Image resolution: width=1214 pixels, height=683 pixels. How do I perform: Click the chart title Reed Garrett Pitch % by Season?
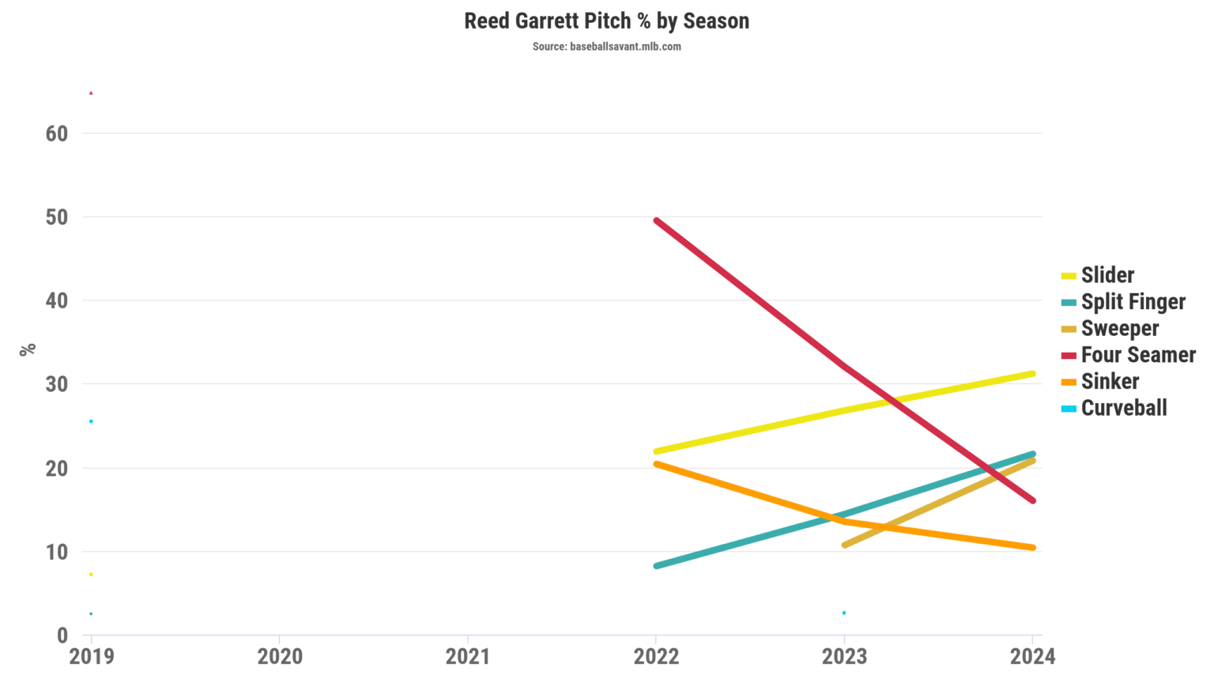pos(606,21)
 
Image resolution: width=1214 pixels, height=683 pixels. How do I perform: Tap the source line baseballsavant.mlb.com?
pos(606,47)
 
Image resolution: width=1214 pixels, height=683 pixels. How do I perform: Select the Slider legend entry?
pos(1107,275)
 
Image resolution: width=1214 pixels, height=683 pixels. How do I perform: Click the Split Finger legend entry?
pos(1133,302)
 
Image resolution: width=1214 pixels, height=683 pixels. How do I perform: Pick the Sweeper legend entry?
pos(1119,328)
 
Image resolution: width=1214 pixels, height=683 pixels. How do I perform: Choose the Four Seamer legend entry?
pos(1137,355)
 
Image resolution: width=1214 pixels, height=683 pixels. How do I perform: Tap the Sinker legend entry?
pos(1110,382)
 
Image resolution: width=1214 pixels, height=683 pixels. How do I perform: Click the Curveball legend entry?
pos(1123,408)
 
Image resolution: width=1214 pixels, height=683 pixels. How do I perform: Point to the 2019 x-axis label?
pos(92,657)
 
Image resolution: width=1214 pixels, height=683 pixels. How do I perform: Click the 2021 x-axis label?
pos(468,657)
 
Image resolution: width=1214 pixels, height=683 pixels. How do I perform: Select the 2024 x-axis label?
pos(1032,657)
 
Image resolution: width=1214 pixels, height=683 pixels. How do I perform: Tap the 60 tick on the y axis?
pos(57,134)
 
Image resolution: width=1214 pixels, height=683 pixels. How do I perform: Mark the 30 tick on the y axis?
pos(57,384)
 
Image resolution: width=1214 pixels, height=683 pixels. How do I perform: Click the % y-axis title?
pos(28,349)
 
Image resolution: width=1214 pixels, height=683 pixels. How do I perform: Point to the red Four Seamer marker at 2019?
pos(91,92)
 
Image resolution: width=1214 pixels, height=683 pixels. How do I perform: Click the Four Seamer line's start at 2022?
pos(657,221)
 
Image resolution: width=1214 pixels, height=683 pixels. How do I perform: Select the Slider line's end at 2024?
pos(1032,373)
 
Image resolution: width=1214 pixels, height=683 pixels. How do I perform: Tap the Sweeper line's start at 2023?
pos(845,545)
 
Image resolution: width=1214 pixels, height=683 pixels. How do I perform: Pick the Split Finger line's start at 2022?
pos(657,566)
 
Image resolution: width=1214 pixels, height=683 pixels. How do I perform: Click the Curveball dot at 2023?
pos(844,613)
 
